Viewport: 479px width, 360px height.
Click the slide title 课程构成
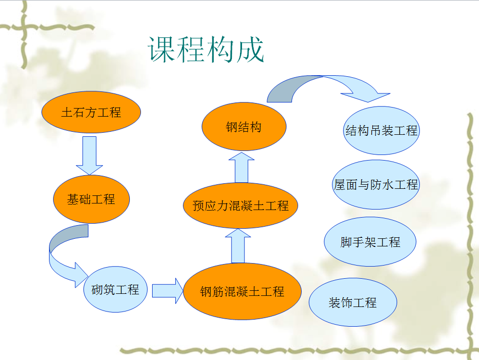(x=206, y=49)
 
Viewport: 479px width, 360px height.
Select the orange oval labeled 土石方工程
(x=91, y=112)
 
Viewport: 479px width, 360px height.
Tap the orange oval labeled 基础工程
(x=91, y=199)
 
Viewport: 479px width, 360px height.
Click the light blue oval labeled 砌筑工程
(x=116, y=289)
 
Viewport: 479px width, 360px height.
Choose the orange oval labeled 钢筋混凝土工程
(x=242, y=291)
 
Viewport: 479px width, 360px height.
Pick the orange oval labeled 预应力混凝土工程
(x=241, y=205)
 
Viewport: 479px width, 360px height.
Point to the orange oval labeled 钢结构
(x=244, y=126)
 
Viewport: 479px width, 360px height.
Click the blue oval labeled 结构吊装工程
(x=381, y=130)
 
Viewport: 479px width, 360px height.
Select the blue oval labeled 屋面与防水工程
(x=376, y=184)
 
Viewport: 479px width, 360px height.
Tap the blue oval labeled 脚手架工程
(x=370, y=241)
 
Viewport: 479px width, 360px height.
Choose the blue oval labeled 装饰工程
(x=353, y=302)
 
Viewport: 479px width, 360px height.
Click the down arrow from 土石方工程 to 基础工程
(x=89, y=156)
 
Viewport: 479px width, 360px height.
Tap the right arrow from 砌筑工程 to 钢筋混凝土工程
(x=168, y=291)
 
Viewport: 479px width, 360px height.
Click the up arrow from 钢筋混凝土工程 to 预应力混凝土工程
(x=238, y=246)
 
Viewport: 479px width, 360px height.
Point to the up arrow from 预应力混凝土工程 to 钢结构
(x=242, y=168)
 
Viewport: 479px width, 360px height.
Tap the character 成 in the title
(x=250, y=49)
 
